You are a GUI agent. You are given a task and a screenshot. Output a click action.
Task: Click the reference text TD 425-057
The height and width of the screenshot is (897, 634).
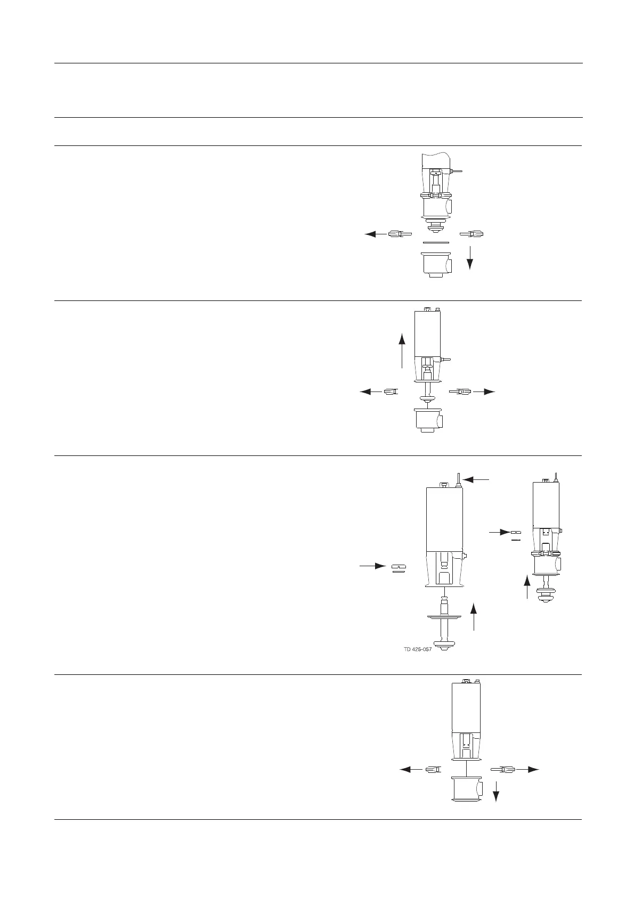(418, 649)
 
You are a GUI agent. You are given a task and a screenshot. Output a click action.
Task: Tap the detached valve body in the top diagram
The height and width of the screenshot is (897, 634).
(436, 264)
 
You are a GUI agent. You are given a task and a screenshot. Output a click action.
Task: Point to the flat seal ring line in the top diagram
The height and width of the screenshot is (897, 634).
(436, 243)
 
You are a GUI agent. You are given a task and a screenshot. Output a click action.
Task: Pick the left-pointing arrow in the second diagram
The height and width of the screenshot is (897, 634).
(372, 392)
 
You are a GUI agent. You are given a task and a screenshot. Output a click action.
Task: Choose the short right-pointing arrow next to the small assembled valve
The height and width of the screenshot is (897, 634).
(499, 532)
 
